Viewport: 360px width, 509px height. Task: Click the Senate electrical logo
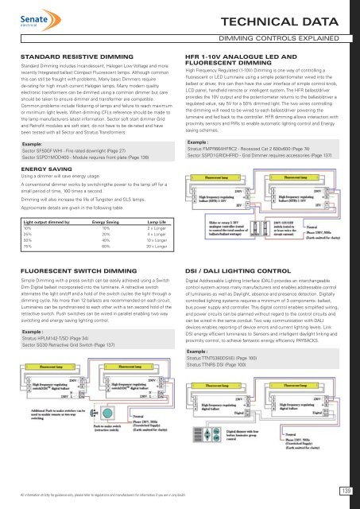tap(28, 15)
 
